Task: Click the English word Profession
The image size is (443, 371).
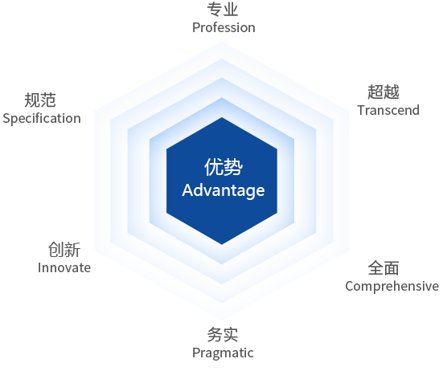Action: (224, 28)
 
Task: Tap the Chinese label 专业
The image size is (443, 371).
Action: (223, 10)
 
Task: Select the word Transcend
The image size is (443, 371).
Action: (388, 110)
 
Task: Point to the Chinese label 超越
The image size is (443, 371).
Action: (384, 92)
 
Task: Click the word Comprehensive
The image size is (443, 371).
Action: (392, 287)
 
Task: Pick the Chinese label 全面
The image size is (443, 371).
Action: (384, 268)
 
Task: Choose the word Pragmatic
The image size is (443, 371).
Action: (223, 353)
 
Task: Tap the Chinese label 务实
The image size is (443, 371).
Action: (223, 335)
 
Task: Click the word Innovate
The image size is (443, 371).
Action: (64, 267)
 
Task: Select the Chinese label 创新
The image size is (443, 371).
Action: (64, 250)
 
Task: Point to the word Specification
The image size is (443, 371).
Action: (42, 119)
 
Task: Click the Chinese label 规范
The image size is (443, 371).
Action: (40, 100)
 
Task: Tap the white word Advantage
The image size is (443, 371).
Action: (224, 190)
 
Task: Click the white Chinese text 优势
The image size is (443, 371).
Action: (224, 167)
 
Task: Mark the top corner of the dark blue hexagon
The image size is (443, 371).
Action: (222, 117)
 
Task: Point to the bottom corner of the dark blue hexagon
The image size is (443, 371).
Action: (222, 244)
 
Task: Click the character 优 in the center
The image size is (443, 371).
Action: (214, 167)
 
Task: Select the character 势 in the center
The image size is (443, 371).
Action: (233, 167)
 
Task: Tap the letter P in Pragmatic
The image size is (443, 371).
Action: (195, 353)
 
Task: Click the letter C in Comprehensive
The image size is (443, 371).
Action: (350, 286)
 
